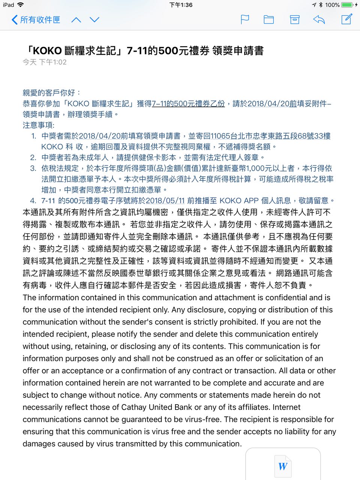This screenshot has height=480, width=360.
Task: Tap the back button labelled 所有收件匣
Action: (x=36, y=20)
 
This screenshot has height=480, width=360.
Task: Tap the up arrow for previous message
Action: (x=76, y=20)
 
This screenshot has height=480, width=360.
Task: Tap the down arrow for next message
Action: (x=94, y=20)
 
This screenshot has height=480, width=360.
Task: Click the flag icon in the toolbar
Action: (x=245, y=19)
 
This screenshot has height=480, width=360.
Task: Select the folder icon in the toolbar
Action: (x=269, y=19)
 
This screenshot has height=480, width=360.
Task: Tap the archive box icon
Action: (x=295, y=19)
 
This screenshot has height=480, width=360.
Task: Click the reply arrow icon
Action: (x=319, y=19)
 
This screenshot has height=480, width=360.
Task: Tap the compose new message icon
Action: (x=347, y=19)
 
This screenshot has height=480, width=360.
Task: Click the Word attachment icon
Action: (x=283, y=466)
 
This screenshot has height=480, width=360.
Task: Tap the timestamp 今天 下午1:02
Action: (x=45, y=62)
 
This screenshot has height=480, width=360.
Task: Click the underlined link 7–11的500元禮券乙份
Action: (x=188, y=103)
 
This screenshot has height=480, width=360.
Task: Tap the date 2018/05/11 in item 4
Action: (x=165, y=201)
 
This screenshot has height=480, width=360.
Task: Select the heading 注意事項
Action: (x=38, y=125)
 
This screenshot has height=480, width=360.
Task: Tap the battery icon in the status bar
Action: (x=347, y=5)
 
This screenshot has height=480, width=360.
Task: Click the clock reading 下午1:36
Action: (x=181, y=5)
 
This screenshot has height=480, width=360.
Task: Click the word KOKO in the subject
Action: (x=47, y=51)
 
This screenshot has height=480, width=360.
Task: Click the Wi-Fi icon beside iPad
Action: (x=20, y=5)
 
